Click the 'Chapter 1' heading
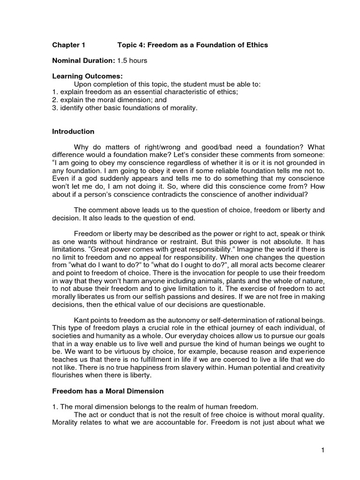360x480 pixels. point(68,45)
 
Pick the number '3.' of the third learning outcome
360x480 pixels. point(55,108)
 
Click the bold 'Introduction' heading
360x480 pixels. point(73,131)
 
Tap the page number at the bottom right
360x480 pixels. point(323,450)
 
